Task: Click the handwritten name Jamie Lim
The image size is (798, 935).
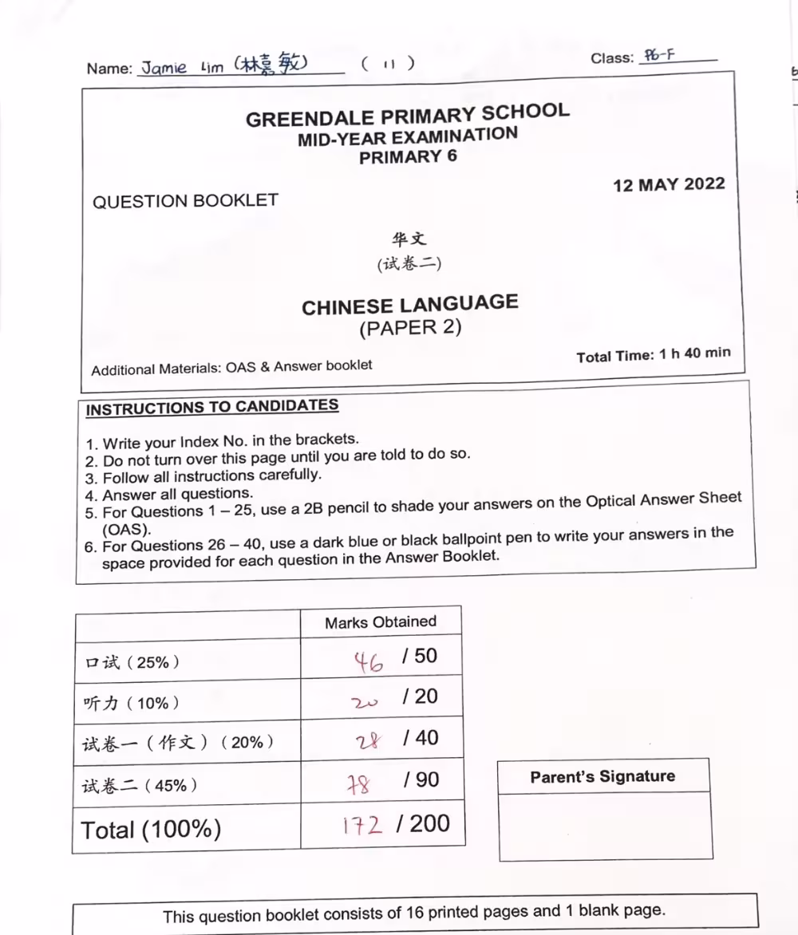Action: pyautogui.click(x=183, y=68)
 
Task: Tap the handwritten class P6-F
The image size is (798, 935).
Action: pyautogui.click(x=659, y=56)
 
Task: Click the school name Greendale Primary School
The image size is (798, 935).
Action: pyautogui.click(x=407, y=115)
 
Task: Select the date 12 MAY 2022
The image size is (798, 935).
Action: pyautogui.click(x=669, y=185)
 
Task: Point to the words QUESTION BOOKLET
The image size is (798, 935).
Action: pyautogui.click(x=185, y=201)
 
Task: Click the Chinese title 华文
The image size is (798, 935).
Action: pyautogui.click(x=409, y=239)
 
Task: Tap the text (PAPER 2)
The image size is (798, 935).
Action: pyautogui.click(x=410, y=327)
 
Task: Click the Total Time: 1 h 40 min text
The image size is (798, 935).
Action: pyautogui.click(x=653, y=354)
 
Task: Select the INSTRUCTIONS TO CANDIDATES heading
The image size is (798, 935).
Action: pyautogui.click(x=212, y=407)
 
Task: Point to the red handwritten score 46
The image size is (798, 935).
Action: pyautogui.click(x=369, y=660)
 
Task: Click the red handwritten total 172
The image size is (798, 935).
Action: pyautogui.click(x=362, y=824)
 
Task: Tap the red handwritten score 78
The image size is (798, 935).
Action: pyautogui.click(x=358, y=785)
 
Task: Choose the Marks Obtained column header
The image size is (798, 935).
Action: pyautogui.click(x=381, y=622)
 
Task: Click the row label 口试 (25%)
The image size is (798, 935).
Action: pyautogui.click(x=132, y=662)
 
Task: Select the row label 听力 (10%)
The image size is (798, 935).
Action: pyautogui.click(x=131, y=703)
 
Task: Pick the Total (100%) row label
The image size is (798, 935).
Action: pyautogui.click(x=151, y=830)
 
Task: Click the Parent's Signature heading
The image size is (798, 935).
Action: pyautogui.click(x=602, y=777)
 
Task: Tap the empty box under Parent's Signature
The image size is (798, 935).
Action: pyautogui.click(x=605, y=825)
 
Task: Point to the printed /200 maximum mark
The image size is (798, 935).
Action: pyautogui.click(x=429, y=823)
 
